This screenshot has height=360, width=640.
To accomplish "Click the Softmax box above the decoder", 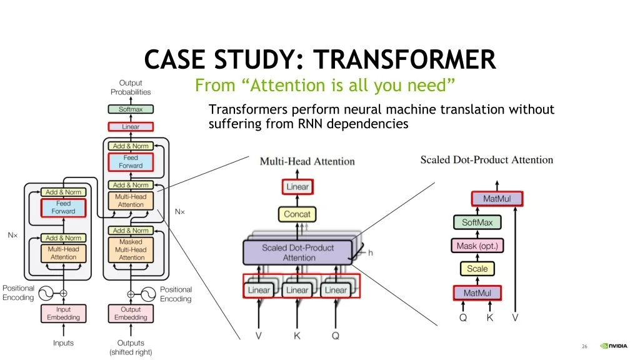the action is click(x=131, y=109).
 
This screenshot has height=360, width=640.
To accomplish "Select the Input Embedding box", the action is click(x=63, y=314).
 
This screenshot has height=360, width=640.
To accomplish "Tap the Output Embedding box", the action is click(x=131, y=314).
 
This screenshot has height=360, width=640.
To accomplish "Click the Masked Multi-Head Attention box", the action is click(x=131, y=250).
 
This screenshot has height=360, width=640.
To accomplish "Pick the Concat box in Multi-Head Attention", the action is click(x=297, y=214).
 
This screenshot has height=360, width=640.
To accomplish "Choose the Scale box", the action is click(x=477, y=269).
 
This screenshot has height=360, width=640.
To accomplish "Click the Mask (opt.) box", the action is click(x=477, y=246).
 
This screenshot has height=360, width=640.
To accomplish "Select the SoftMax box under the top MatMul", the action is click(x=477, y=222).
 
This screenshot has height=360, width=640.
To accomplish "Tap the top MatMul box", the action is click(x=497, y=199).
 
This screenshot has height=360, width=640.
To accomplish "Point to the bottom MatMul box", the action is click(x=477, y=293).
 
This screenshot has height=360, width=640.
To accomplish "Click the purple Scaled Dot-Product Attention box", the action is click(x=297, y=252).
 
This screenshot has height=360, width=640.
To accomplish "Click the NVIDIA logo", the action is click(x=614, y=346).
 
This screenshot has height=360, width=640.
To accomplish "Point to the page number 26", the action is click(x=584, y=346).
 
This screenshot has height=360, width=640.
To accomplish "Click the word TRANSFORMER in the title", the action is click(x=404, y=59).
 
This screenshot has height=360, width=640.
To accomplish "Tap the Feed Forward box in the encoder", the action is click(x=63, y=207).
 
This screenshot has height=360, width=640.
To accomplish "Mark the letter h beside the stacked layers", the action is click(x=370, y=252).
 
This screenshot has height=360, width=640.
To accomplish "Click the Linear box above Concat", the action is click(x=297, y=187).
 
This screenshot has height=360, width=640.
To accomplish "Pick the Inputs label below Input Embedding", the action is click(x=63, y=343).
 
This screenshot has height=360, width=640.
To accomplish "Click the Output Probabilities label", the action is click(x=131, y=87).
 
